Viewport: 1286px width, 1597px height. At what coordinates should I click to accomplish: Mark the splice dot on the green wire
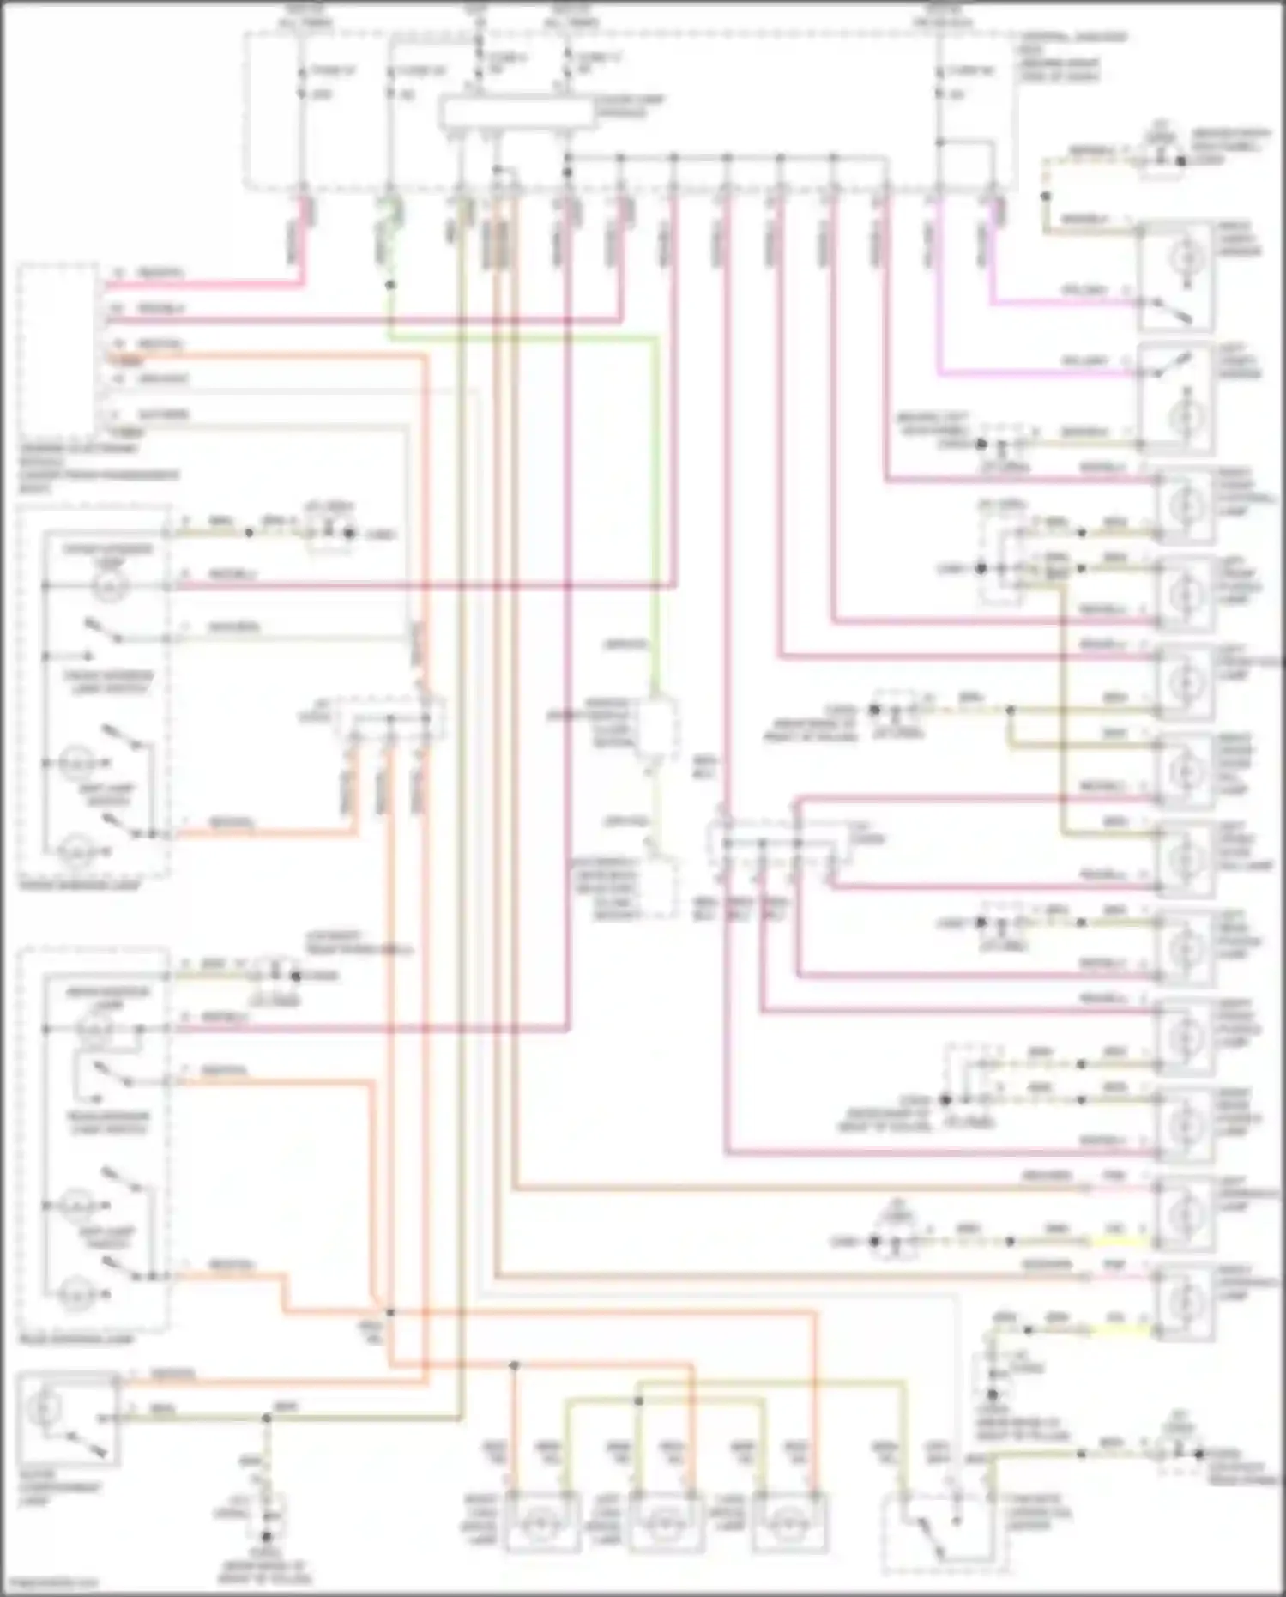[389, 284]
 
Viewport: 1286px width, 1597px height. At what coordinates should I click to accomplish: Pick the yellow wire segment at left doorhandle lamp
[1115, 1242]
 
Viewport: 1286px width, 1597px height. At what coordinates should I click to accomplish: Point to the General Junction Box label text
[1072, 57]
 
